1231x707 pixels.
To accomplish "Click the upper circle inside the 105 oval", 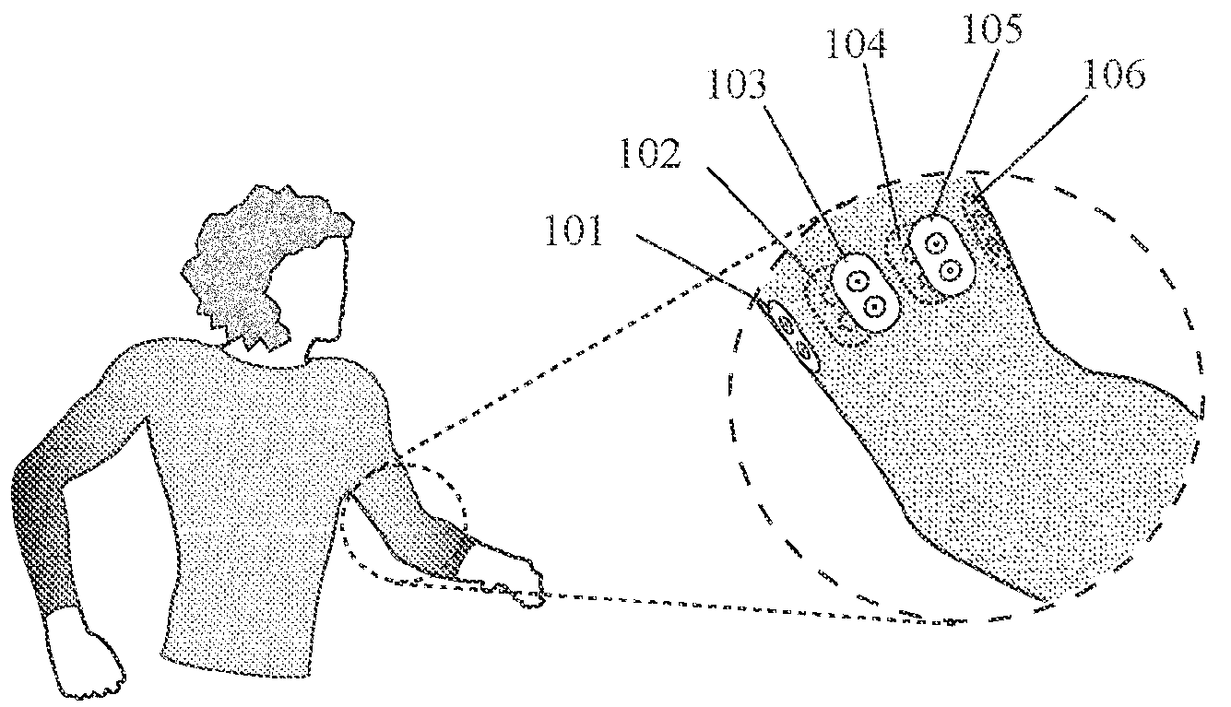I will (x=936, y=243).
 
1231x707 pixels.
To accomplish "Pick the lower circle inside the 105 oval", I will (x=950, y=270).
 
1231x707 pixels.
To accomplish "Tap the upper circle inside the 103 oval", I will (x=857, y=279).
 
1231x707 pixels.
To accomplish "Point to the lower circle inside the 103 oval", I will (x=873, y=304).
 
